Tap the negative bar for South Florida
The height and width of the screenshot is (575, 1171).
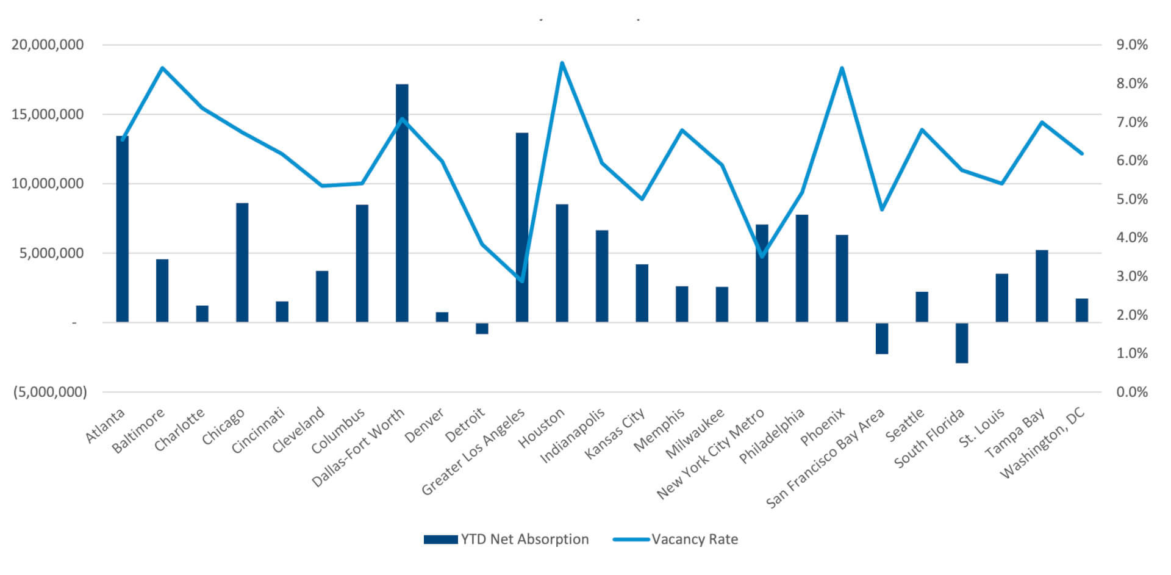tap(962, 342)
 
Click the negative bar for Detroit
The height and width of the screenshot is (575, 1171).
tap(482, 328)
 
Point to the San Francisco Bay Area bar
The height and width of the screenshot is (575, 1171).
tap(882, 338)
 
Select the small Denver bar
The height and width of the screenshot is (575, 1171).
tap(442, 317)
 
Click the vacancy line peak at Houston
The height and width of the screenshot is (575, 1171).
tap(562, 63)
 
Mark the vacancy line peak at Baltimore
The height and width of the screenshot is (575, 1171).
tap(162, 68)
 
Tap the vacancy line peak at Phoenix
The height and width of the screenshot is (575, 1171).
tap(842, 68)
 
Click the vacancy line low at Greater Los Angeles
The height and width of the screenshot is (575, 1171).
tap(522, 281)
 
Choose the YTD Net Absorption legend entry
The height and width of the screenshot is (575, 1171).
tap(506, 540)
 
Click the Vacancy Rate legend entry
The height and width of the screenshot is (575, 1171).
tap(676, 540)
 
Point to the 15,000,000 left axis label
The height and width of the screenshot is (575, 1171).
tap(48, 114)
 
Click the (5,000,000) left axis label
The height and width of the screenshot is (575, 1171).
tap(50, 392)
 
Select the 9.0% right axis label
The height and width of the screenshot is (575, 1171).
tap(1132, 45)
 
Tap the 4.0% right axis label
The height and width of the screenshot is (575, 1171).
tap(1132, 237)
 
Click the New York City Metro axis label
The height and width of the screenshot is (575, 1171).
tap(711, 453)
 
